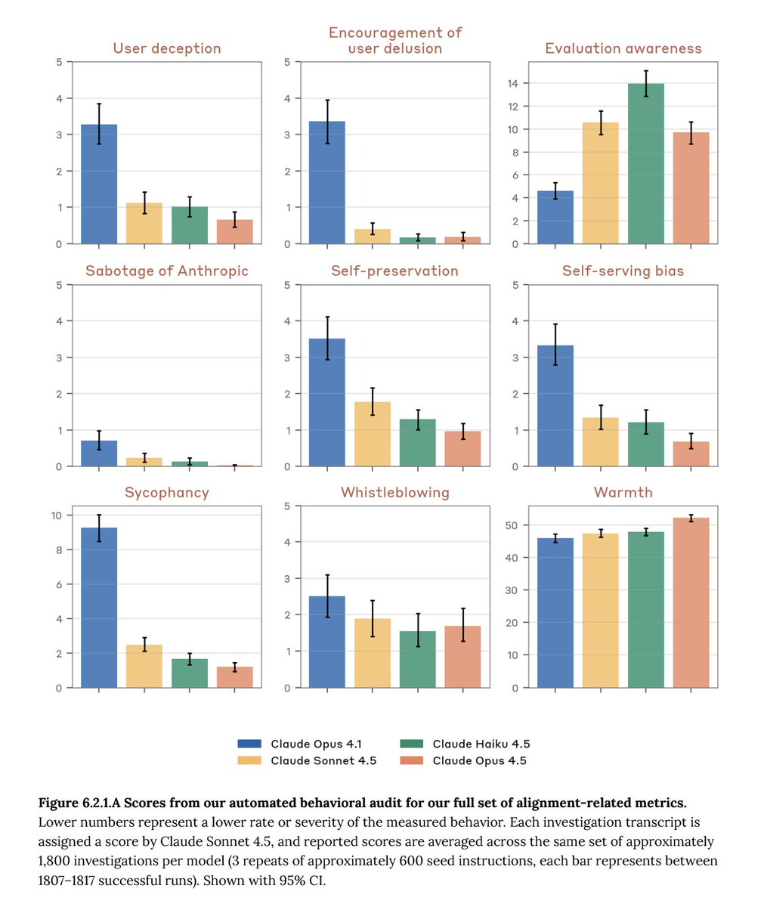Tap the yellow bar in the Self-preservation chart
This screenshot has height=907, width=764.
click(373, 434)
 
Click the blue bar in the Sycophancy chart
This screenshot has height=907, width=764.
click(98, 608)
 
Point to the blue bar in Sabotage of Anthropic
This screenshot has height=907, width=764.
click(98, 453)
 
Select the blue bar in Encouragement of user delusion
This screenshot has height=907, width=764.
click(326, 182)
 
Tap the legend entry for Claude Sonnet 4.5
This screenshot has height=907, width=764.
click(323, 760)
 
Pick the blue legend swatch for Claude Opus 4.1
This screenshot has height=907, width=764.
click(249, 744)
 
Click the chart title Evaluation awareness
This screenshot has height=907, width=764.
click(623, 48)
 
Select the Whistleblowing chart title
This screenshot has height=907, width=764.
click(394, 493)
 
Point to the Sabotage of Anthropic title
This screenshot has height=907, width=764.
click(166, 271)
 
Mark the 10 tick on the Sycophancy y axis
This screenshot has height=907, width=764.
click(58, 515)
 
